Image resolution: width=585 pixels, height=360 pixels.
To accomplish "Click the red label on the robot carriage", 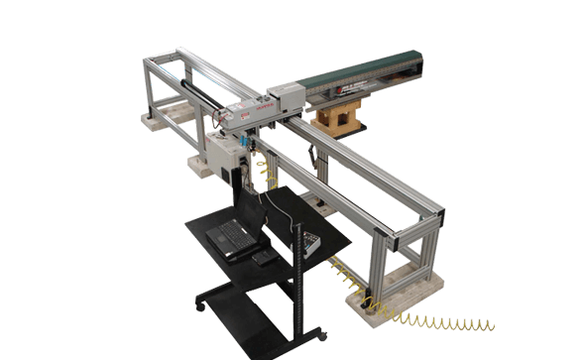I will (268, 99).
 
